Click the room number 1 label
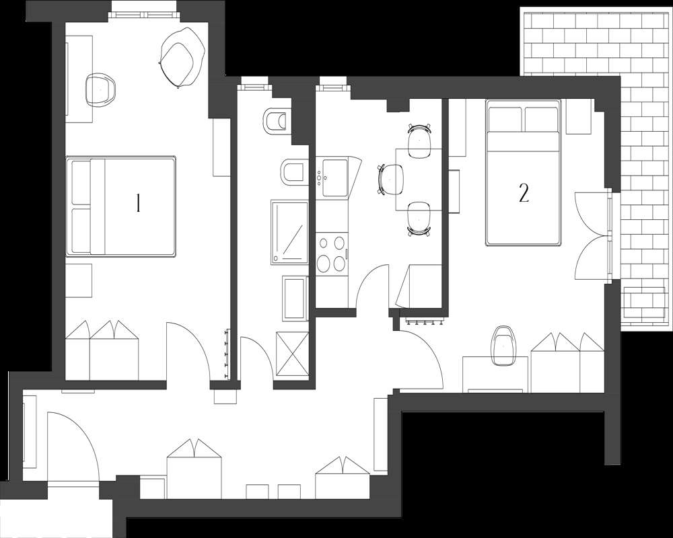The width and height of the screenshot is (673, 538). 138,203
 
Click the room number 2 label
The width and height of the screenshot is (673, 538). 524,193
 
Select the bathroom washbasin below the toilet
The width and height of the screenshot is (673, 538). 293,173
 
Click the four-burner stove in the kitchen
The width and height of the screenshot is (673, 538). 331,254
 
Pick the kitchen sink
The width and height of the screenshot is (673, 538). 334,177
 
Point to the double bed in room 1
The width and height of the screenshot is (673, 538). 121,206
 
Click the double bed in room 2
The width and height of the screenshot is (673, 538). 524,173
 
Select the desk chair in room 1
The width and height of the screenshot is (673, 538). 102,89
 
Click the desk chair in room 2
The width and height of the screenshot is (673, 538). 503,344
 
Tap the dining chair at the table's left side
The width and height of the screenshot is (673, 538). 391,179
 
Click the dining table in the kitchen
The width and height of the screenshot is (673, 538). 419,179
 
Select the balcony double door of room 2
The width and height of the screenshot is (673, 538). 592,235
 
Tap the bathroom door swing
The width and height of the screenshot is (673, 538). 254,360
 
